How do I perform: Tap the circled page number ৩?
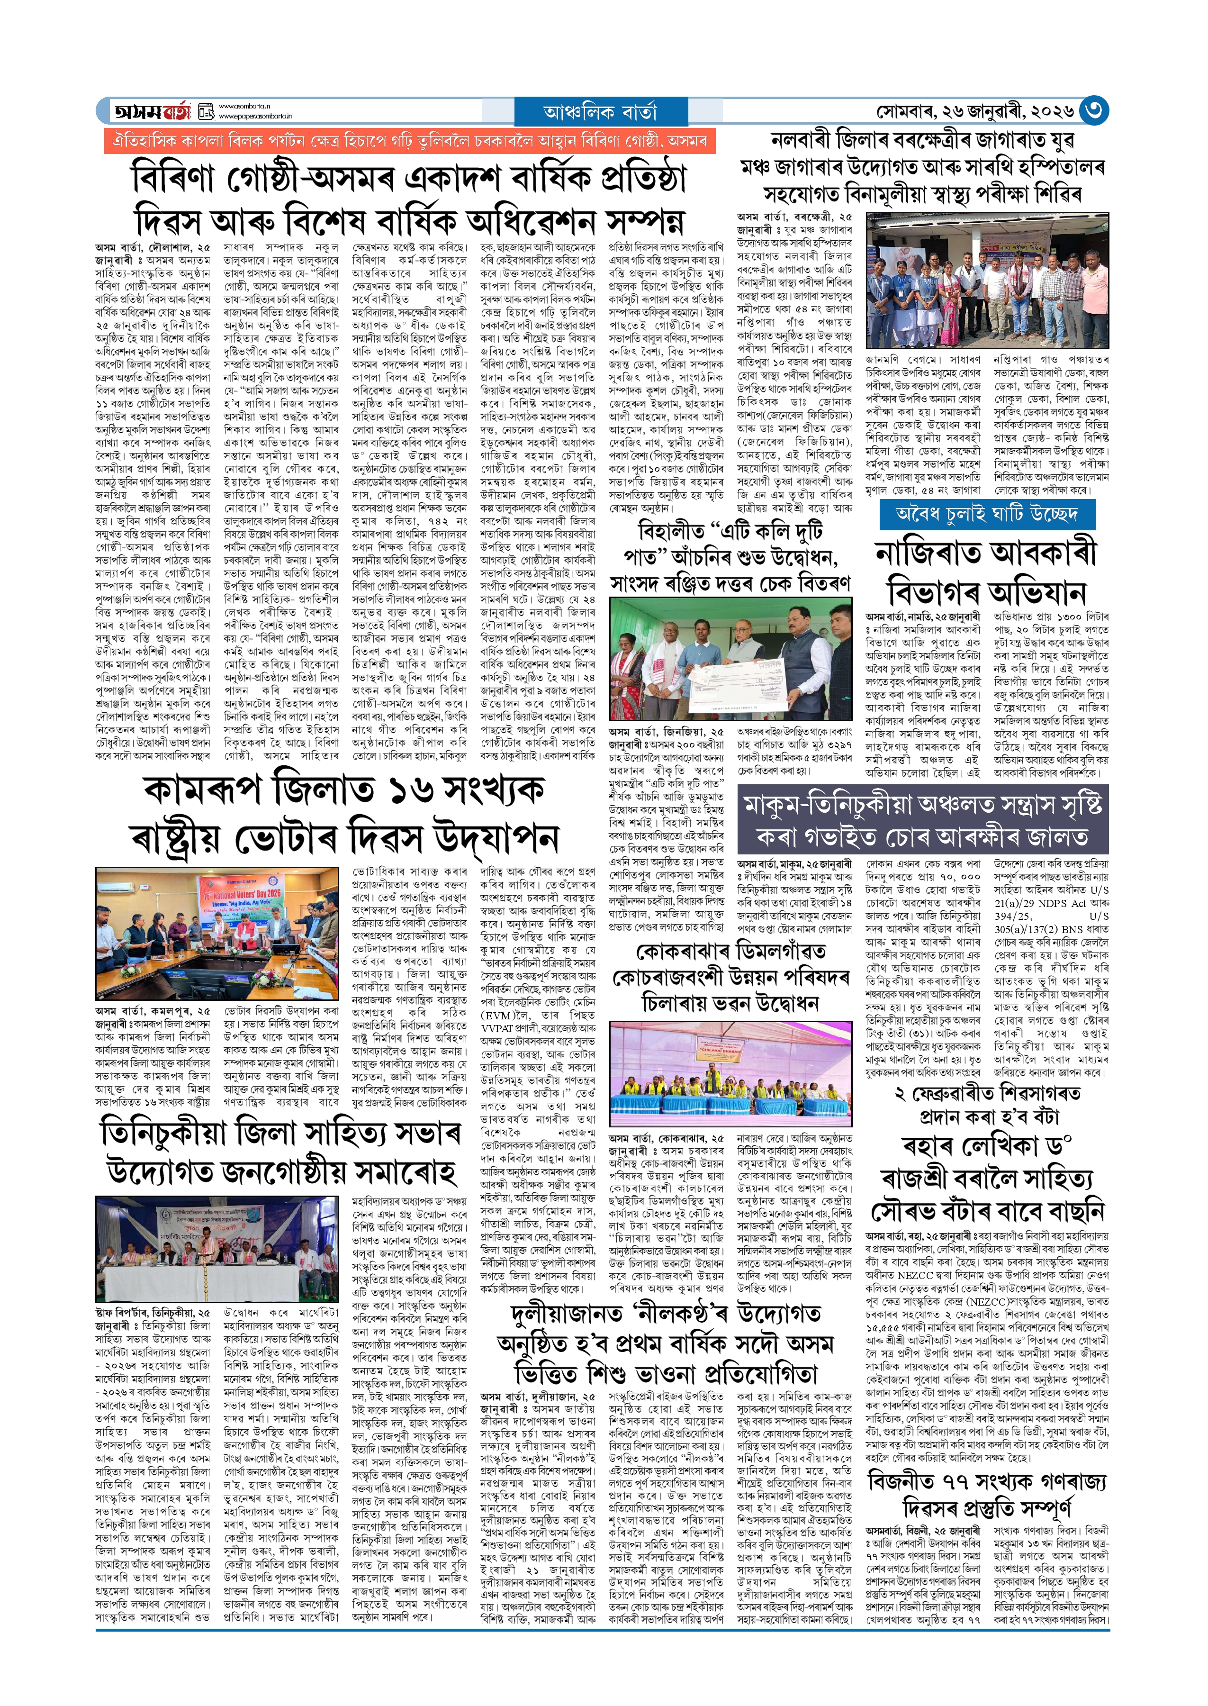coord(1093,111)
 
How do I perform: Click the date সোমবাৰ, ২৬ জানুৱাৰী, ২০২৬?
coord(974,111)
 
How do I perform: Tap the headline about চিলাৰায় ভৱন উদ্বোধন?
coord(729,977)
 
